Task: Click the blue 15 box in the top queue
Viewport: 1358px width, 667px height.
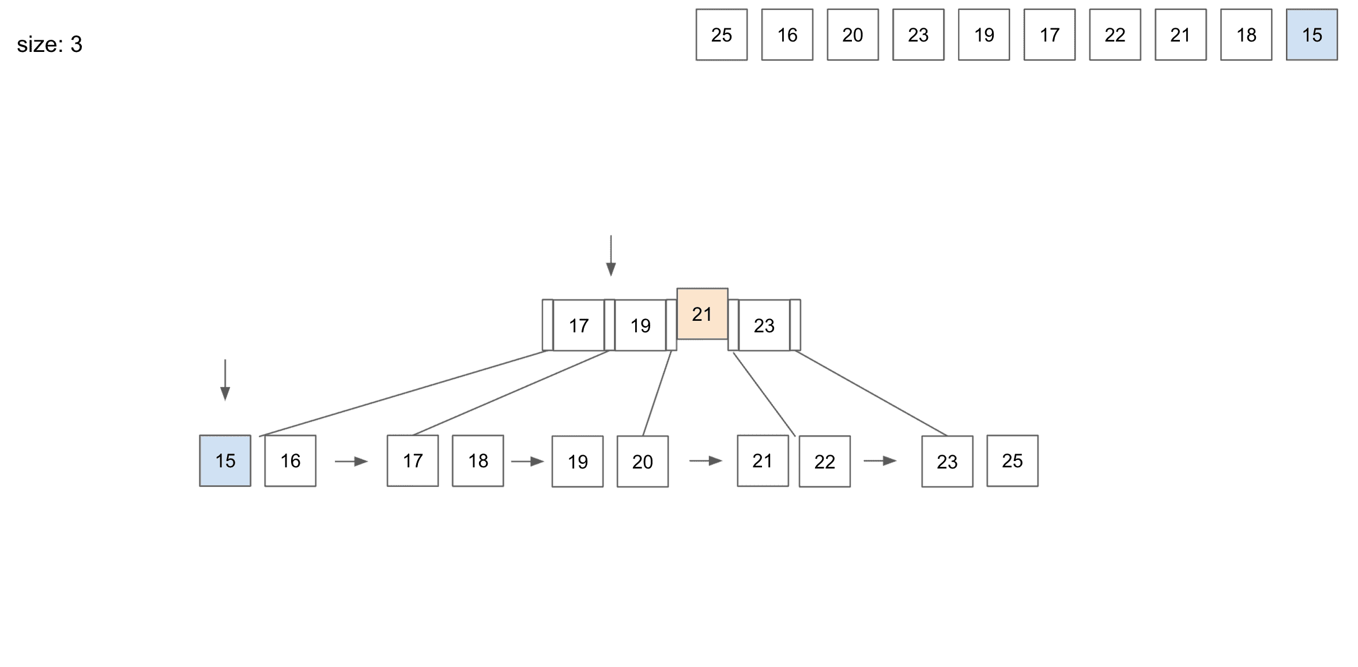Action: tap(1311, 35)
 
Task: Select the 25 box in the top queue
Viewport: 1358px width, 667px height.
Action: tap(721, 35)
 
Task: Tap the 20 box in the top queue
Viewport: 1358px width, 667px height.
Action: tap(852, 35)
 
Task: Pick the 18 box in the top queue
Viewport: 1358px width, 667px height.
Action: tap(1246, 35)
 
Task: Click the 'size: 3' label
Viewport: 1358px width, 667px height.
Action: tap(50, 44)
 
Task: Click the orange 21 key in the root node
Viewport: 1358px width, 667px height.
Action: tap(702, 314)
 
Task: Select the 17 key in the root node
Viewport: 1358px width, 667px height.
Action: tap(579, 325)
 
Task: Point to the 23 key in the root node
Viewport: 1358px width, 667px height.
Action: tap(764, 325)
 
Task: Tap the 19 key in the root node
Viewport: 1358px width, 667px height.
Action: tap(640, 325)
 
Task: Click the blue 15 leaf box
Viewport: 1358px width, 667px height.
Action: tap(225, 460)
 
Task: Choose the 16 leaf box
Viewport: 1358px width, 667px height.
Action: tap(290, 460)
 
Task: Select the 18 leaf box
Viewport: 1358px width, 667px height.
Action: tap(478, 460)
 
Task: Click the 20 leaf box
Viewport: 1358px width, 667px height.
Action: tap(642, 461)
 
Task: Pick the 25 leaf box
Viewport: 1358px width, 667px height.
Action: tap(1012, 460)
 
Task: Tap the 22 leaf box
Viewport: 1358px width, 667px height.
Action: tap(824, 461)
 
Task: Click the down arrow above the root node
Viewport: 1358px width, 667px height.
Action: tap(610, 256)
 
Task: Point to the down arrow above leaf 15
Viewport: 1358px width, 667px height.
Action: tap(225, 380)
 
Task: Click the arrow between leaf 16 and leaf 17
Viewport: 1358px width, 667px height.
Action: tap(351, 461)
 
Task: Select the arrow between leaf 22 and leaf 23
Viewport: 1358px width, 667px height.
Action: tap(880, 460)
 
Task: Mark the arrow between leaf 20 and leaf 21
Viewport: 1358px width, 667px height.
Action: tap(706, 460)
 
